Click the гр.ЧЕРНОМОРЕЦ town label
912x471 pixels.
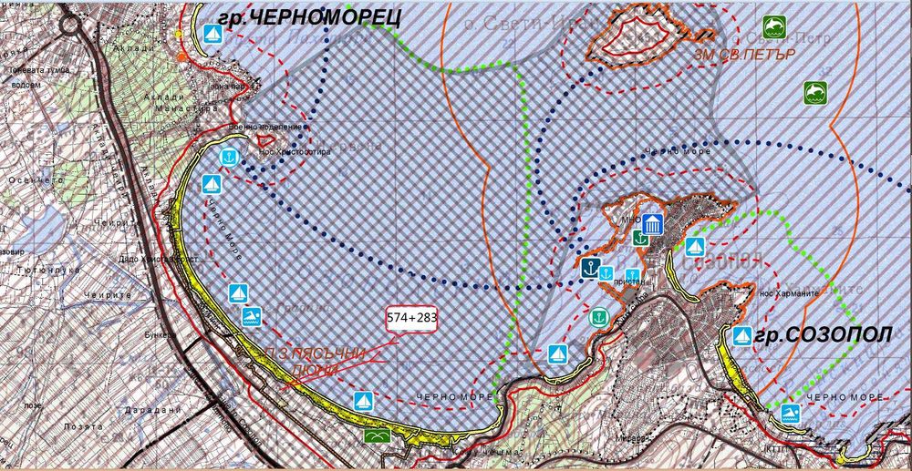(295, 15)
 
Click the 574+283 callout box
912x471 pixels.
(412, 319)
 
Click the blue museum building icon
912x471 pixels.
(651, 225)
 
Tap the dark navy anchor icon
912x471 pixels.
(589, 268)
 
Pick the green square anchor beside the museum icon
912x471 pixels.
(641, 239)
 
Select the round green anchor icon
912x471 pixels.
(597, 317)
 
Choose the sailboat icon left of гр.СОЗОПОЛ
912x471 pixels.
(741, 336)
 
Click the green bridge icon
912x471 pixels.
(376, 436)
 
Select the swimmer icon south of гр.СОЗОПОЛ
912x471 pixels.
(789, 415)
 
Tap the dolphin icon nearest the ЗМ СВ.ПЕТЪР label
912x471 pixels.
(774, 26)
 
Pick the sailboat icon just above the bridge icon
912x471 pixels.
(363, 398)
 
